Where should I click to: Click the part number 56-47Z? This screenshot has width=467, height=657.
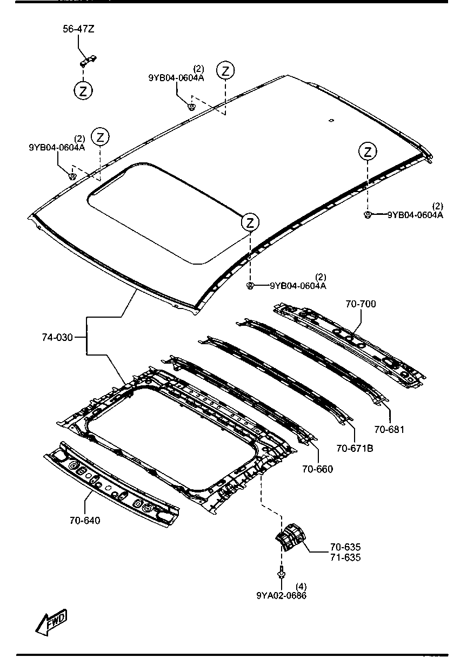point(78,29)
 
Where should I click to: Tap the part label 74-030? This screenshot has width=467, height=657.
point(57,337)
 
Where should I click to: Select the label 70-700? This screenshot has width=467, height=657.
point(361,304)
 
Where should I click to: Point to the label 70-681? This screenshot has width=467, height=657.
point(389,429)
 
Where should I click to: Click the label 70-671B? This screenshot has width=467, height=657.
point(355,448)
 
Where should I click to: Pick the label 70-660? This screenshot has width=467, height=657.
point(318,469)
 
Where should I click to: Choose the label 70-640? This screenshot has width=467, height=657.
point(85,520)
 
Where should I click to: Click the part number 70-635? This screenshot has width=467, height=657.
point(345,547)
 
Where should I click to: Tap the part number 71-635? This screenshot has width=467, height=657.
point(345,557)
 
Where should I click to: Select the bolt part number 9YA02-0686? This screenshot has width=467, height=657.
point(281,595)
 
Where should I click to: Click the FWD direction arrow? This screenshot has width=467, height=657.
point(51,622)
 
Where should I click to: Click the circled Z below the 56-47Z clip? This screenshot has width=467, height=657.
point(83,91)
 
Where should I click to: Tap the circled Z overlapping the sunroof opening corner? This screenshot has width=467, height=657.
point(250,222)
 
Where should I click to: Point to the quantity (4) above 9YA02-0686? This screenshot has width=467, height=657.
point(301,586)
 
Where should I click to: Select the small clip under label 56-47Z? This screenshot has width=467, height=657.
point(89,61)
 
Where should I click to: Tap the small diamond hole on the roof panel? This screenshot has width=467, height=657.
point(331,120)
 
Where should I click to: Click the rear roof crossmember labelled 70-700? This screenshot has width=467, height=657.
point(349,346)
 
